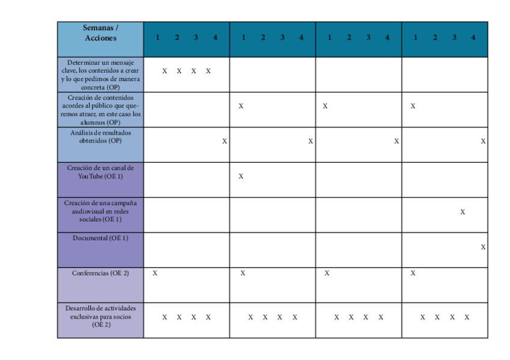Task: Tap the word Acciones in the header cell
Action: pyautogui.click(x=100, y=38)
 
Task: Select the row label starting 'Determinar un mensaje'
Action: pyautogui.click(x=100, y=75)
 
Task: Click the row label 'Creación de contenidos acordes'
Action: pyautogui.click(x=100, y=109)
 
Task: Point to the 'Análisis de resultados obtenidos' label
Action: pyautogui.click(x=100, y=136)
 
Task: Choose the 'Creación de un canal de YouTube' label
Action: pyautogui.click(x=100, y=172)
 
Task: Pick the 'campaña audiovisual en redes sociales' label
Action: pyautogui.click(x=100, y=211)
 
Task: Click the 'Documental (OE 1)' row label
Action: pyautogui.click(x=100, y=238)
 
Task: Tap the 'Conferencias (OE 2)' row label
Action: pyautogui.click(x=100, y=273)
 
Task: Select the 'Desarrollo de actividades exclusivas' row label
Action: pyautogui.click(x=100, y=316)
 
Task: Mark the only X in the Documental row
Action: pyautogui.click(x=483, y=247)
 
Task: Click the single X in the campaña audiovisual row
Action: pyautogui.click(x=462, y=212)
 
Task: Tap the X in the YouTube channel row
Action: pyautogui.click(x=241, y=176)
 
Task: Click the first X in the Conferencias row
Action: pyautogui.click(x=155, y=273)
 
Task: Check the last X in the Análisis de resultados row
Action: pyautogui.click(x=483, y=141)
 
